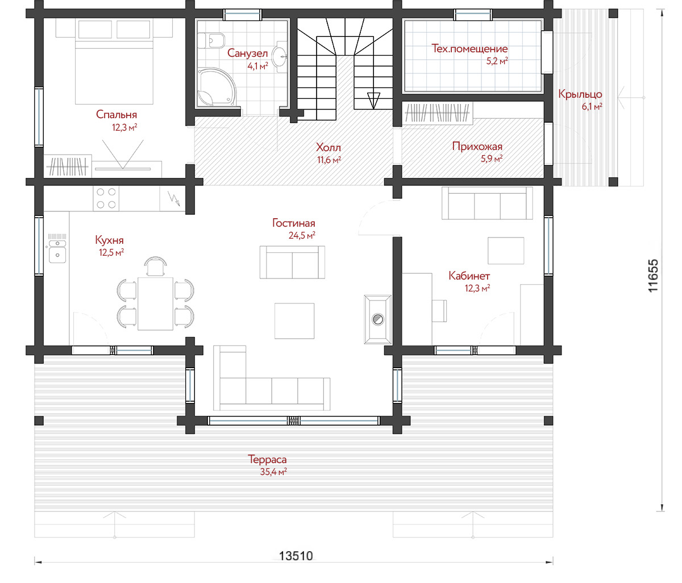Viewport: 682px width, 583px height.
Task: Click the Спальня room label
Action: point(116,114)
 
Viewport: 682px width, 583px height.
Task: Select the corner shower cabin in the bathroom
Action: point(217,87)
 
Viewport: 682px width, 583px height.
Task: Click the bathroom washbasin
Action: point(281,56)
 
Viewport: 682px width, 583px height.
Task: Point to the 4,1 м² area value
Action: point(257,66)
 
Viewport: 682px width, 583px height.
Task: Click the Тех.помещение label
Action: point(469,48)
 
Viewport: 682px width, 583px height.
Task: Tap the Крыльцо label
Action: point(580,94)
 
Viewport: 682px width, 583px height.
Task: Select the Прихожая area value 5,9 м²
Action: point(491,159)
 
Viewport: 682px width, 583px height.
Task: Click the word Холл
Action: point(328,147)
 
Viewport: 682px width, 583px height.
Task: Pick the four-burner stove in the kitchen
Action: point(106,199)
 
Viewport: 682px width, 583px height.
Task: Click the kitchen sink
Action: point(57,251)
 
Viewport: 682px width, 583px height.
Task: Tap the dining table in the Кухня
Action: point(155,303)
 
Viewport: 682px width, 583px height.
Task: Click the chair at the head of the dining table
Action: point(155,266)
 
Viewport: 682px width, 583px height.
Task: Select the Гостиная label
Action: point(293,223)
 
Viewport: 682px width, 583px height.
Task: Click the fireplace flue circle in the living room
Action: point(377,319)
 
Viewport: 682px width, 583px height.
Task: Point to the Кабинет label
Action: point(469,276)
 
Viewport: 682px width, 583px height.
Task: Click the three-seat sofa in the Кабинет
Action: point(487,203)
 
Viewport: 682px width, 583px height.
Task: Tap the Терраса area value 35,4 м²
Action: point(273,472)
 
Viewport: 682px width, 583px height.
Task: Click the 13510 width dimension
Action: point(296,556)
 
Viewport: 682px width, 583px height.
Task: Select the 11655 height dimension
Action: point(653,276)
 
